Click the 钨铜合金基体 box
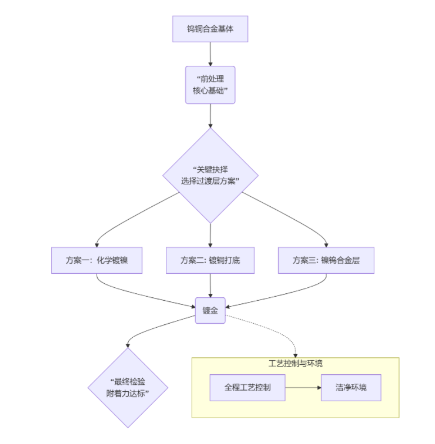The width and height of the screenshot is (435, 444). point(210,29)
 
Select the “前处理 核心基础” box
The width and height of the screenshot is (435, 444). point(210,85)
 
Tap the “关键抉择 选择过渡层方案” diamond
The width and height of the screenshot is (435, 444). point(210,175)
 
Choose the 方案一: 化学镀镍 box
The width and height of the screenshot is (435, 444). point(97,260)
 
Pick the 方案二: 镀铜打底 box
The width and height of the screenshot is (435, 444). point(210,260)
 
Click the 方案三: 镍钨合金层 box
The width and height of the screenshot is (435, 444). point(326,260)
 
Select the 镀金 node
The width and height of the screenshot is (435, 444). point(210,310)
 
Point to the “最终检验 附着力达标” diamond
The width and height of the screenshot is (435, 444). point(128,388)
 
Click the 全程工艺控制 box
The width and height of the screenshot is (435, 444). point(247,387)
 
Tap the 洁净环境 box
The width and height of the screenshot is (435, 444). point(351,387)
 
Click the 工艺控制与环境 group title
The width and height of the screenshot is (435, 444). point(296,364)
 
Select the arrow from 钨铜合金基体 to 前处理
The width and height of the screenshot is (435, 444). point(210,54)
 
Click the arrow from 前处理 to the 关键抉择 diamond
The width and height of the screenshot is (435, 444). point(210,116)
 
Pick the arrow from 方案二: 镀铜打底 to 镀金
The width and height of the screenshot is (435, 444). point(210,286)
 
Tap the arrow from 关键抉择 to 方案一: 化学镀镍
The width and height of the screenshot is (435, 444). point(121,216)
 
